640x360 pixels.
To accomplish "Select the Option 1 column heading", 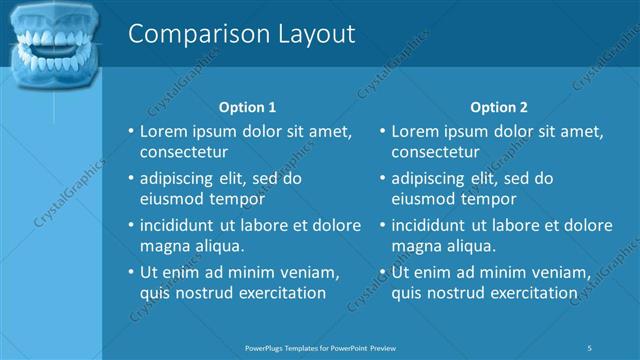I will (247, 107).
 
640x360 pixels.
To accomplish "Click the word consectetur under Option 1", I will (184, 152).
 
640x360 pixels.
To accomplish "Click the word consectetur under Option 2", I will (435, 152).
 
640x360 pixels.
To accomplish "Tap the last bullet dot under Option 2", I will (382, 272).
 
